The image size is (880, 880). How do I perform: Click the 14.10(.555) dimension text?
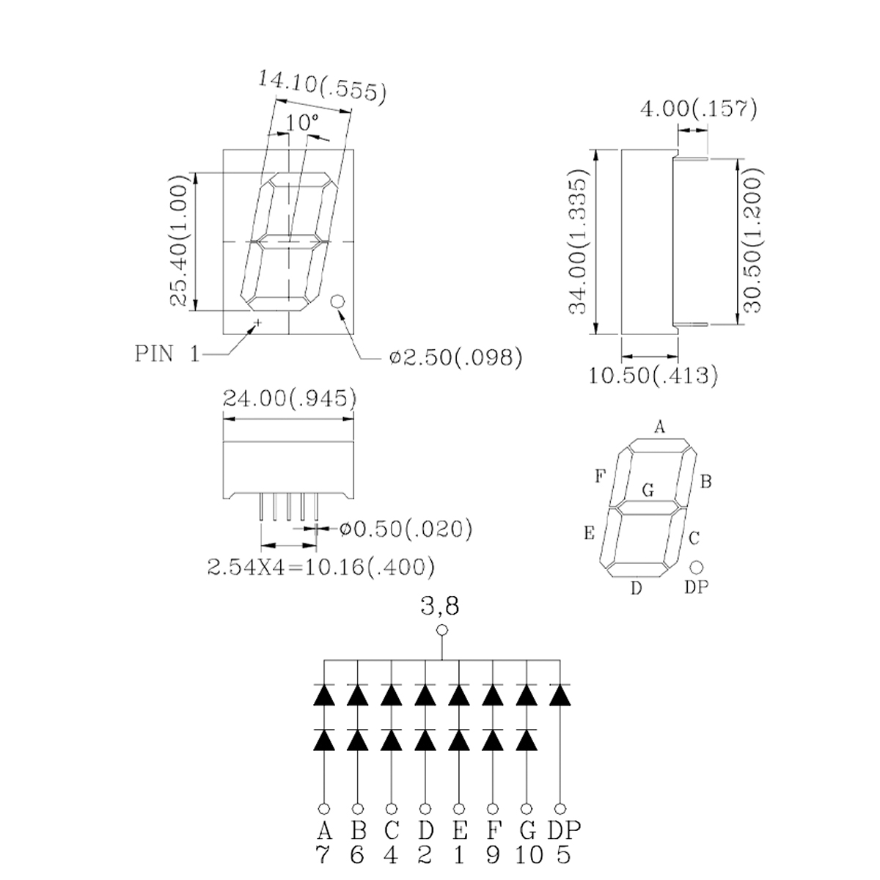(323, 87)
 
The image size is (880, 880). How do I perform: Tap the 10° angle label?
(302, 122)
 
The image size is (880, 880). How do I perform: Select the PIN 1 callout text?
(168, 354)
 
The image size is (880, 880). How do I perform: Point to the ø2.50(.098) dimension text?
(455, 357)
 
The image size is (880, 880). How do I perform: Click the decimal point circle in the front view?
(337, 301)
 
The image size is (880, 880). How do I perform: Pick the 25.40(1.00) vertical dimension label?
(179, 241)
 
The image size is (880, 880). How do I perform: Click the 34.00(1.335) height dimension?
(577, 241)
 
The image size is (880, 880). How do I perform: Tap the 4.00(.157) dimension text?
(699, 109)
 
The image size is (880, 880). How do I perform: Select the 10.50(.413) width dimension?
(653, 376)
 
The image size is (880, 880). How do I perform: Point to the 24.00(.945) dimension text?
(290, 399)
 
